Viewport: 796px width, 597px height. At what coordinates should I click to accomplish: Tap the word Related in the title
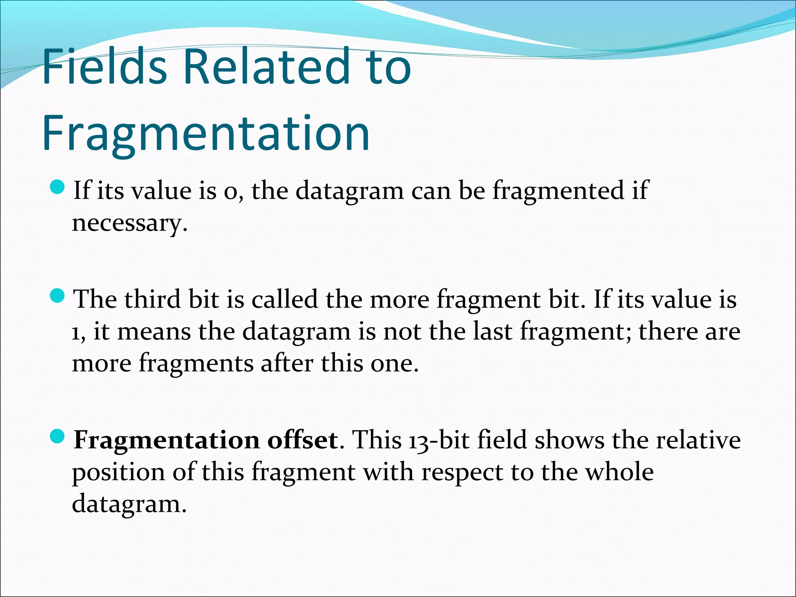click(x=269, y=66)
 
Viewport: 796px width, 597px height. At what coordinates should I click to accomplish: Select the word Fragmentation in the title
click(x=206, y=133)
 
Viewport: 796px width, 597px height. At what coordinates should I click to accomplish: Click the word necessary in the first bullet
click(x=129, y=223)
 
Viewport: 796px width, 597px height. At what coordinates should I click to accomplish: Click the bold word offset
click(x=303, y=440)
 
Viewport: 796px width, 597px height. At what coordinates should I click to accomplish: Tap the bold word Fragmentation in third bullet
click(x=167, y=440)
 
